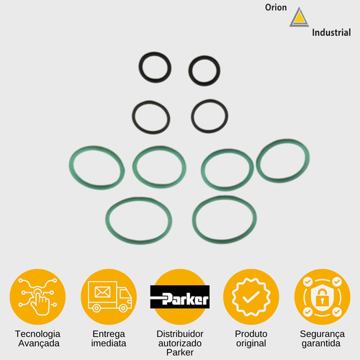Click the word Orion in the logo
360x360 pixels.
[276, 7]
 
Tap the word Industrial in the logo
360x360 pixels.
[331, 32]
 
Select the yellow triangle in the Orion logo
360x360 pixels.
[299, 18]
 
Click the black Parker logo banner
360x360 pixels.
[180, 297]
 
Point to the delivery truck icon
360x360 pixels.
[109, 297]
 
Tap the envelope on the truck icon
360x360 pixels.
[102, 292]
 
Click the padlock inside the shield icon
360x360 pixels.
[322, 297]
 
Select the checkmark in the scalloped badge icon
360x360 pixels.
[251, 297]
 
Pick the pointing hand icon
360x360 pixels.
[40, 302]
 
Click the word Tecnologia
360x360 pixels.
[37, 334]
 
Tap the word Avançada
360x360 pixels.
[39, 343]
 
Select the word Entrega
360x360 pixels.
[109, 334]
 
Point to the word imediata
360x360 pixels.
[109, 343]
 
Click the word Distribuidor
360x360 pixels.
[180, 334]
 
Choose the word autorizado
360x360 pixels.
[180, 343]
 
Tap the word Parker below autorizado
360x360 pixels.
[180, 353]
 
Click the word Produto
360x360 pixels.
[251, 334]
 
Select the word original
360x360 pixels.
[251, 343]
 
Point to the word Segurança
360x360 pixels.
[322, 334]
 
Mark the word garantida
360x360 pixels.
[321, 343]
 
